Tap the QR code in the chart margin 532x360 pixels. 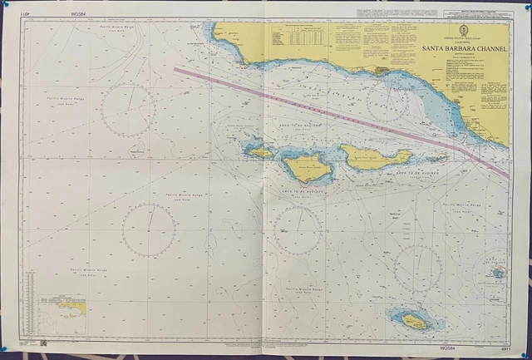(43, 342)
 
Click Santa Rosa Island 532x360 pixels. (307, 166)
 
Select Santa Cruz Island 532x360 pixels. (374, 156)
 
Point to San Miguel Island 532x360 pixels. (259, 152)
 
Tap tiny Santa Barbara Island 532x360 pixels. (497, 272)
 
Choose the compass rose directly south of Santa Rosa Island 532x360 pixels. (298, 231)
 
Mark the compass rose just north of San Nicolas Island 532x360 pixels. (418, 269)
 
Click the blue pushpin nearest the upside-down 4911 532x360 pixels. (5, 4)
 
